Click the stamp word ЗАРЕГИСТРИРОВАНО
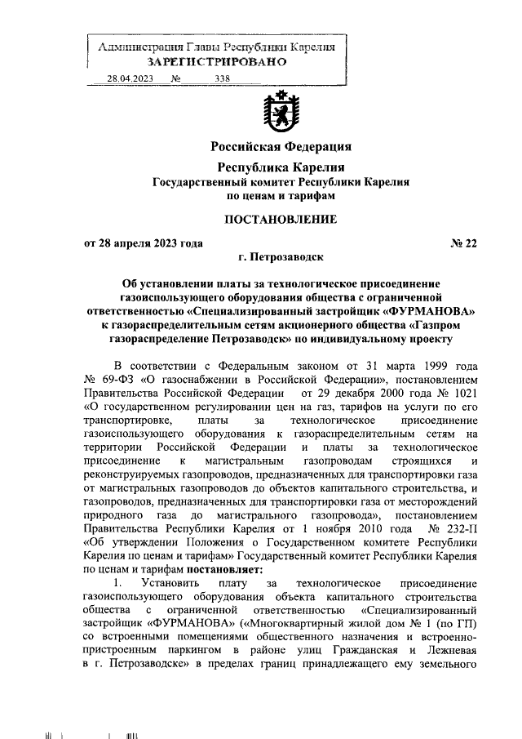216,62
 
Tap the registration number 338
221,78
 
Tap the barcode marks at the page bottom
128,714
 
